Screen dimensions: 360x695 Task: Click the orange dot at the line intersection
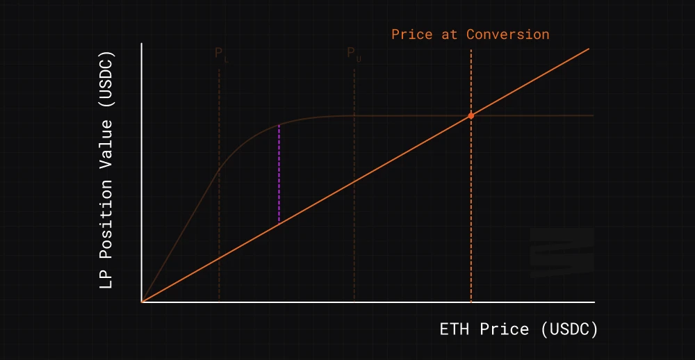471,115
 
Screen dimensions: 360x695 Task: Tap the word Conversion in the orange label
507,34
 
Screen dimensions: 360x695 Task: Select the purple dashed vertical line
279,174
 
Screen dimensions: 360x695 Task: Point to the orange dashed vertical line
471,208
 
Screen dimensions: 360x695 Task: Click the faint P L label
220,54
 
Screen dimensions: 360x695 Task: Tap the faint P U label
354,54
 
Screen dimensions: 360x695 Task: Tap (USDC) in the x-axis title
569,329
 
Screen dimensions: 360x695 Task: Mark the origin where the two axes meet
142,302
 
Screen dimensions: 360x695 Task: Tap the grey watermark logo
562,252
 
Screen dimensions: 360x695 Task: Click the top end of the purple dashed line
279,125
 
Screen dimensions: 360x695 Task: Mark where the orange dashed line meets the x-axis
471,302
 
